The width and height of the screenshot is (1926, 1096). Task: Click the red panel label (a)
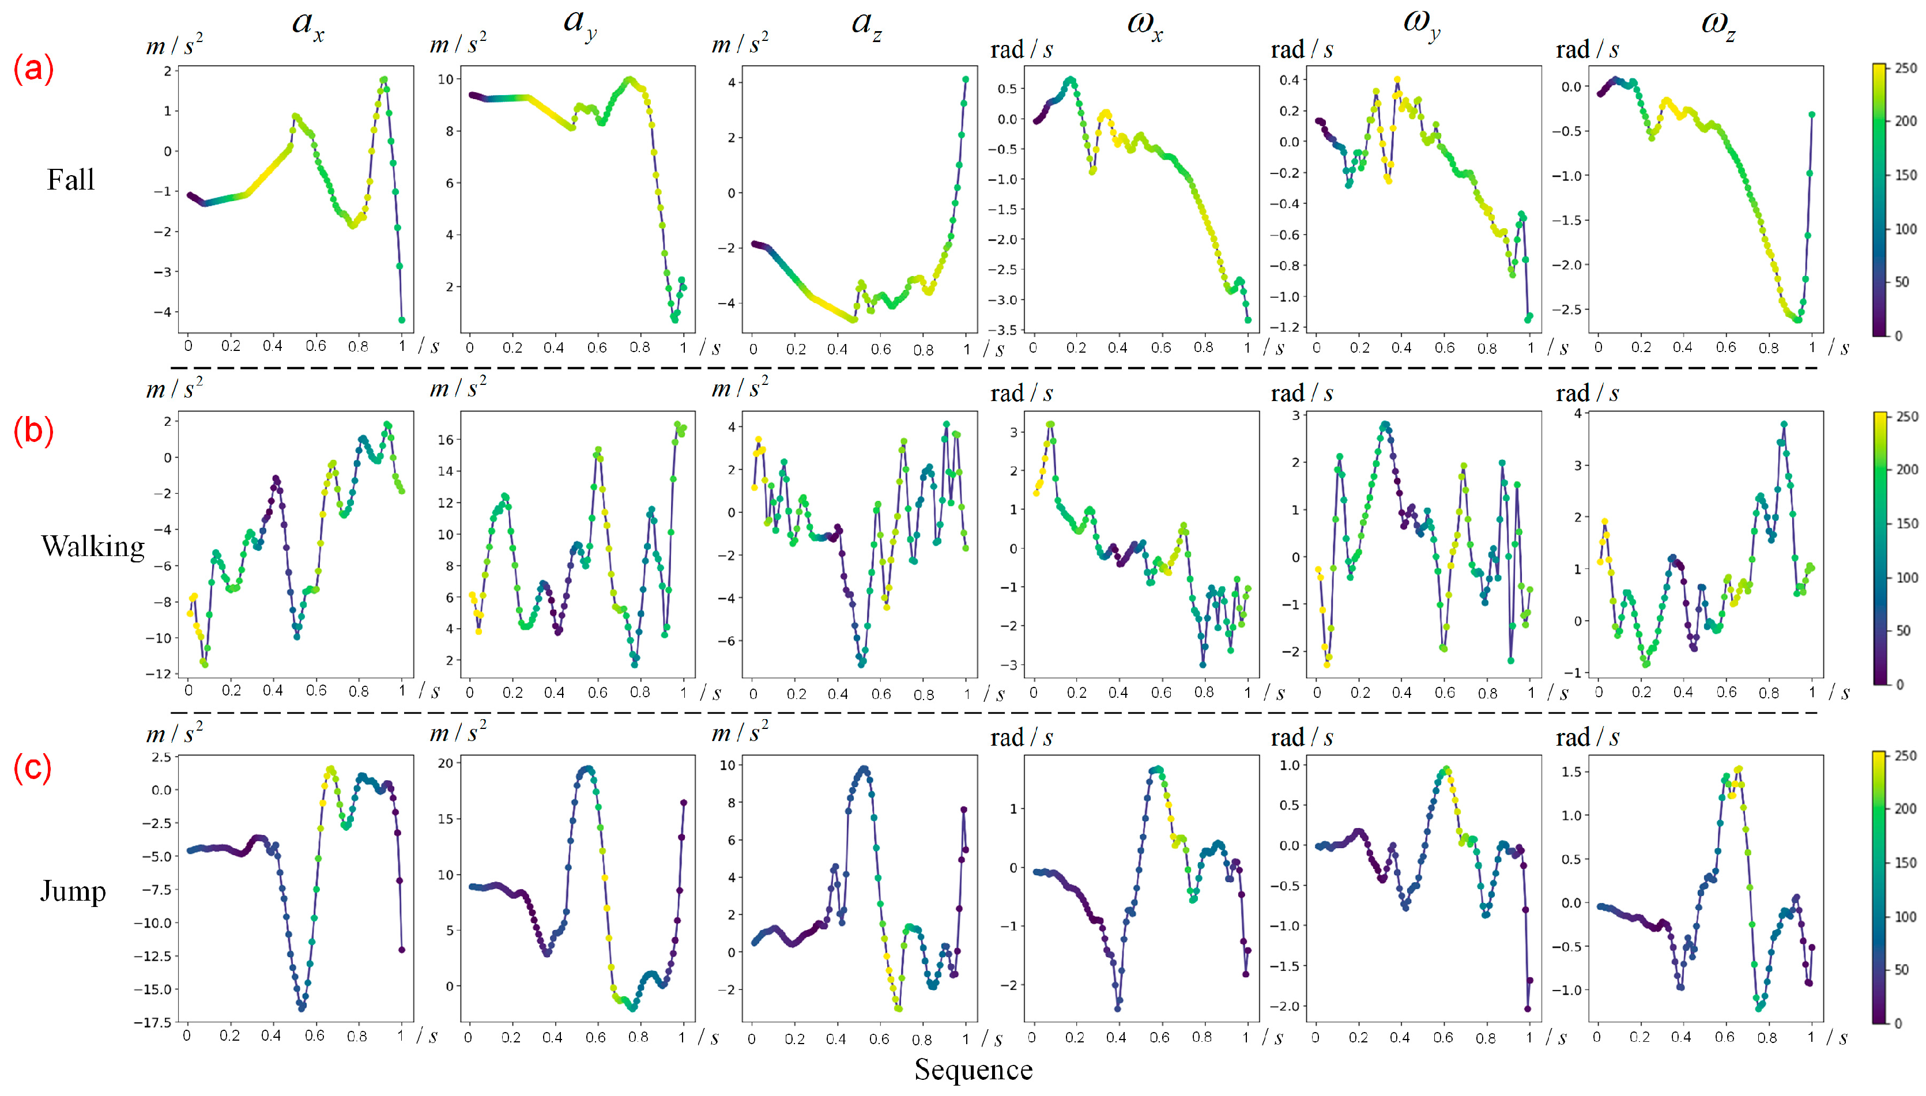pos(33,69)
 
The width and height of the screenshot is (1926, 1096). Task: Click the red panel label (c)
pos(32,768)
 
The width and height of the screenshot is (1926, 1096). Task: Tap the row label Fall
pos(71,179)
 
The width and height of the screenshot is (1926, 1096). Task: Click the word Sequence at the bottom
pos(973,1069)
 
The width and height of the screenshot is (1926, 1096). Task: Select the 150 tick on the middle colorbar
pos(1906,523)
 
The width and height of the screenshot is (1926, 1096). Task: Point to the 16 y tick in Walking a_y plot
pos(445,440)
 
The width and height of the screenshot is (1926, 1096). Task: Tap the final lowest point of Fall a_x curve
pos(402,320)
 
